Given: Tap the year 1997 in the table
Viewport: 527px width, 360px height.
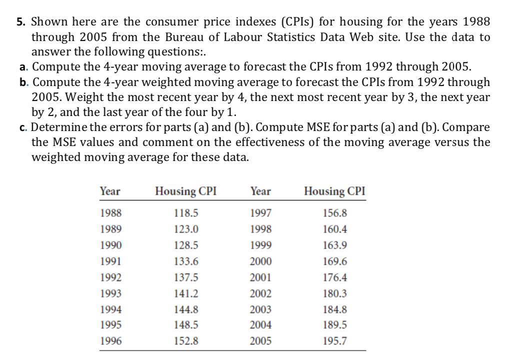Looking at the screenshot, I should click(260, 212).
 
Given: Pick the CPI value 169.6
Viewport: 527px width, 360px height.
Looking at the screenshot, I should click(335, 261).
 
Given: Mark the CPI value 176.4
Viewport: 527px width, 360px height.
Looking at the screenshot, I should click(335, 277).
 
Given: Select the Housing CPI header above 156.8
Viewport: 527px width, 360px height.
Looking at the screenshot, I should click(335, 191).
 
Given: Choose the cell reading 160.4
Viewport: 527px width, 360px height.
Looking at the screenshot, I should click(335, 228).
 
